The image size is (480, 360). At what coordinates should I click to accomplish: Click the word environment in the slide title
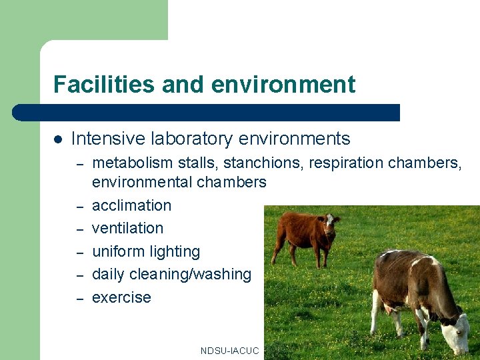tap(283, 85)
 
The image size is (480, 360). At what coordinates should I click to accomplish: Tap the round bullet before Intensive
tap(58, 139)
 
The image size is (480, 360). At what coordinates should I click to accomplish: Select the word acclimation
tap(131, 205)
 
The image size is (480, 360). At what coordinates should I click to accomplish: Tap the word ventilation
tap(127, 228)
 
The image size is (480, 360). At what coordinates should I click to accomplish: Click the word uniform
tap(117, 251)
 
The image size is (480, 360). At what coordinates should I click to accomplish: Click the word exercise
tap(121, 297)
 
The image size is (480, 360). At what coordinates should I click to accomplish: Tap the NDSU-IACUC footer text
tap(229, 351)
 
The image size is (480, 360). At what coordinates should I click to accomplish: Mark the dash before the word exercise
tap(79, 298)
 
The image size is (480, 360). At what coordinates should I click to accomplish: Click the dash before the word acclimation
tap(79, 206)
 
